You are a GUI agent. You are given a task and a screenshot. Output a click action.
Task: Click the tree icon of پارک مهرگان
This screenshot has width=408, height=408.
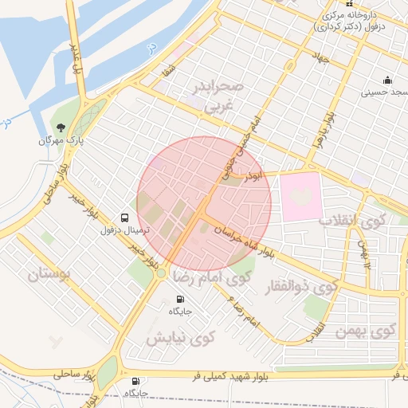[61, 127]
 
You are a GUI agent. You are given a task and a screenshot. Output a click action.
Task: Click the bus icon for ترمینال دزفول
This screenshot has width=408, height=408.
[124, 217]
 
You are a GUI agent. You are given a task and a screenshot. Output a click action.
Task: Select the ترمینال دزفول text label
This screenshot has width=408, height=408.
[120, 229]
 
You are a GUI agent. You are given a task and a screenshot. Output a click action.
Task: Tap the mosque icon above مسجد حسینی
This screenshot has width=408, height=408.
[387, 80]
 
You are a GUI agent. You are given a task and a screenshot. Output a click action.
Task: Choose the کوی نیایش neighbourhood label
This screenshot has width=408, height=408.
[177, 338]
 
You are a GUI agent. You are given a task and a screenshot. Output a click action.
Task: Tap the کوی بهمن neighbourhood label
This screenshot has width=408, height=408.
[365, 330]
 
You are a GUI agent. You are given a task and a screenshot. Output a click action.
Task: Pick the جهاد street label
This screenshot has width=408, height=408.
[321, 59]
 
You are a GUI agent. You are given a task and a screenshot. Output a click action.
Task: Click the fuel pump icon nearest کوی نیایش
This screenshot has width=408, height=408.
[178, 300]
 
